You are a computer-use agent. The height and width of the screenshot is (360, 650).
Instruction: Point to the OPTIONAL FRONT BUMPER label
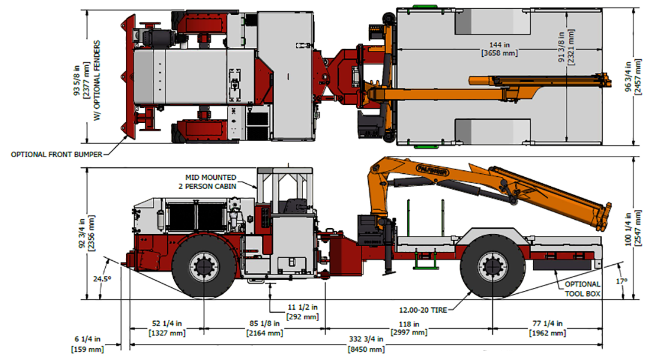pos(56,154)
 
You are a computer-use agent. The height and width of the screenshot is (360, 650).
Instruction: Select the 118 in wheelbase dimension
pos(407,328)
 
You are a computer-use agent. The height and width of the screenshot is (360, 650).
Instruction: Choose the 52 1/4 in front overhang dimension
pos(166,328)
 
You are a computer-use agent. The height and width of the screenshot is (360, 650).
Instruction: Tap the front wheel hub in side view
pos(203,267)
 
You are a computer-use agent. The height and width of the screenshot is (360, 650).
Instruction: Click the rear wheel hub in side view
pos(492,267)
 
